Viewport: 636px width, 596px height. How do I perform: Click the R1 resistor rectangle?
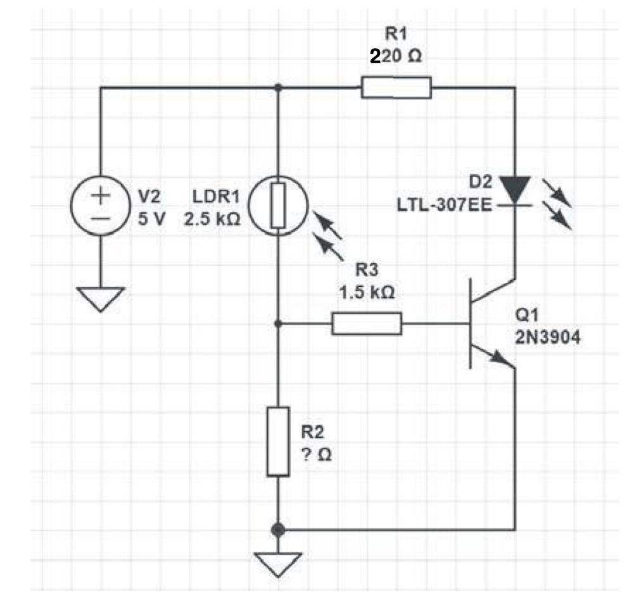coord(396,88)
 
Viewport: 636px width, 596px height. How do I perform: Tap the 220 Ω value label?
coord(395,56)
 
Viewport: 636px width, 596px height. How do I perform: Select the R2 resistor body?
coord(277,441)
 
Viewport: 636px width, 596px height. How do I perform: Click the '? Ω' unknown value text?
coord(315,456)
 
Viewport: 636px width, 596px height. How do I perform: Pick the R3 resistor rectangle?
coord(367,323)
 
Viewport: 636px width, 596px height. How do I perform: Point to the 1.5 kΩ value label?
coord(367,294)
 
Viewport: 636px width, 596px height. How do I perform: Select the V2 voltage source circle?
coord(101,206)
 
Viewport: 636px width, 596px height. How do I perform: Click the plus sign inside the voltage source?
coord(101,196)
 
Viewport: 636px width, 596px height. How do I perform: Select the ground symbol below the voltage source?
coord(101,298)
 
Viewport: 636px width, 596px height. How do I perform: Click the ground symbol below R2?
coord(277,562)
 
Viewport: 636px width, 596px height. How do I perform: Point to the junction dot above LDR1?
coord(277,88)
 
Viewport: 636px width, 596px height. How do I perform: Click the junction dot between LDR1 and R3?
coord(277,323)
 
